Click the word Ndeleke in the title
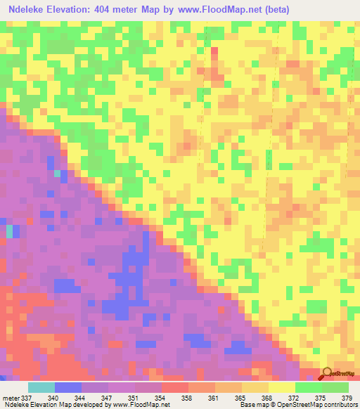(x=26, y=9)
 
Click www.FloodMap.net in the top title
(x=226, y=9)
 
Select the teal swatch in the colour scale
(x=41, y=387)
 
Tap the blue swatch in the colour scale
(x=68, y=387)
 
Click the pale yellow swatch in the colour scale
(x=281, y=387)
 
